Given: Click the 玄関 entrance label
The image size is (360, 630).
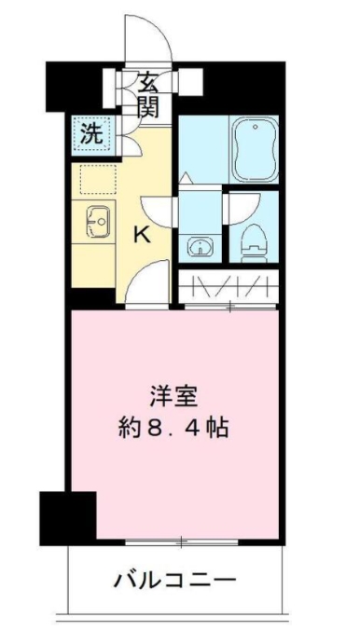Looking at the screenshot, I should [150, 94].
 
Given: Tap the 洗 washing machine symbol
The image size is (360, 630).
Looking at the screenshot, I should [90, 133].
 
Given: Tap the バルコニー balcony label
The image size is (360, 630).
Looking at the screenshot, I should [174, 581].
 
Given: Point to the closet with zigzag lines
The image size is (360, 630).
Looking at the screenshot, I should [227, 283].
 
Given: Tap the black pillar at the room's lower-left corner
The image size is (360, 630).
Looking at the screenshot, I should [68, 516].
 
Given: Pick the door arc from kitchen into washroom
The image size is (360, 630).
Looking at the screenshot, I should [159, 210].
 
